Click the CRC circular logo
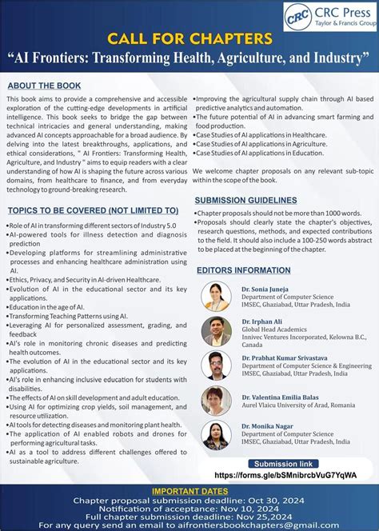[297, 17]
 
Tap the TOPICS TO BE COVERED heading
[93, 211]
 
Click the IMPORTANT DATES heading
[189, 493]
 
